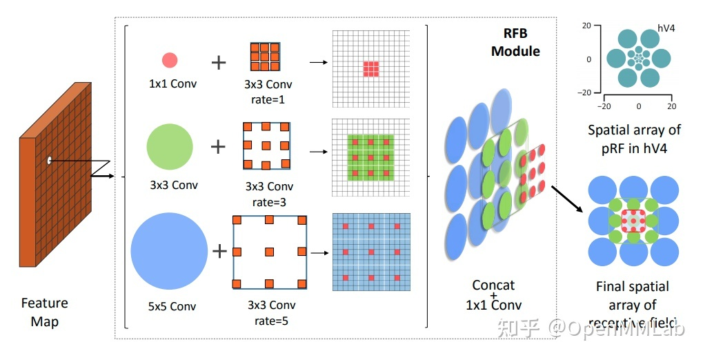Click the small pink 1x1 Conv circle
tap(170, 61)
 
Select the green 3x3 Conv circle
tap(170, 146)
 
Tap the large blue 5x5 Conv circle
tap(169, 250)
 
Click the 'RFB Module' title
tap(515, 43)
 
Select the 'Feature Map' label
tap(45, 312)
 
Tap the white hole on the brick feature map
tap(49, 161)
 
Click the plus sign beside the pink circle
tap(218, 63)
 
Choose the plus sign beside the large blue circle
tap(219, 251)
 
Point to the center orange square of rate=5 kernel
tap(268, 251)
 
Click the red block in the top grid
tap(371, 68)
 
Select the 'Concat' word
tap(493, 285)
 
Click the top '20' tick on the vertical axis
tap(587, 26)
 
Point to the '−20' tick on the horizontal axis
tap(605, 107)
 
